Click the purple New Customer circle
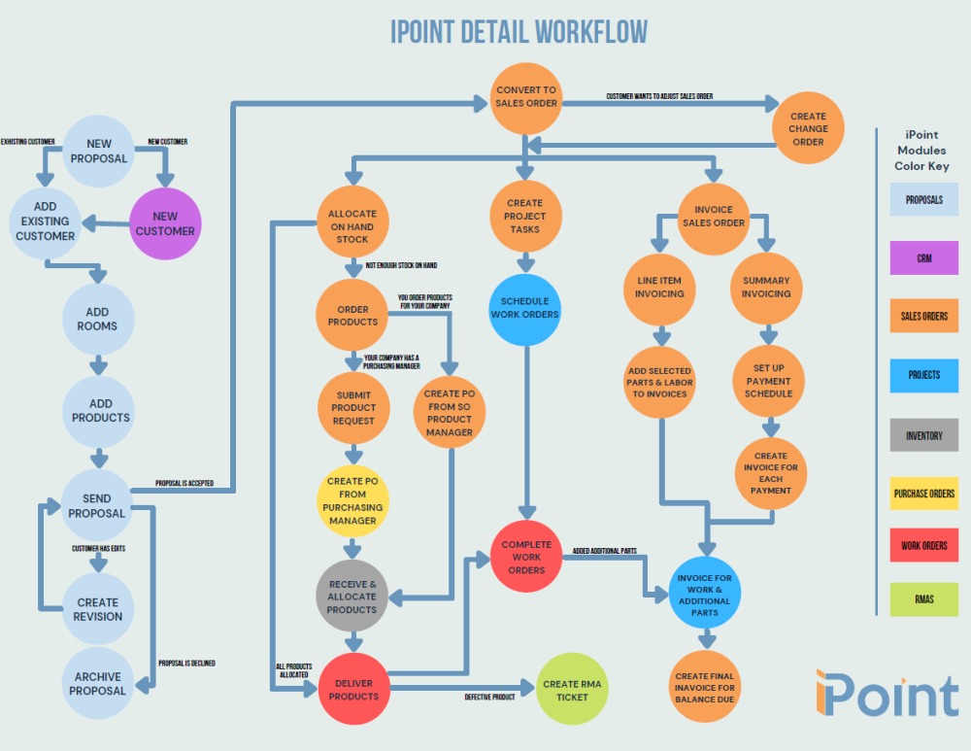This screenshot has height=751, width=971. click(x=165, y=223)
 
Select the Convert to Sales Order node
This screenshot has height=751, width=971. click(x=526, y=97)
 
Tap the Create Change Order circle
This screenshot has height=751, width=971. click(x=808, y=128)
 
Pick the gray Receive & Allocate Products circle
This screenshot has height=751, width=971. click(x=352, y=597)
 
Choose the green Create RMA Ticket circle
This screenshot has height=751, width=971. click(x=572, y=690)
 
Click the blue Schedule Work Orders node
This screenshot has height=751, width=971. click(x=525, y=308)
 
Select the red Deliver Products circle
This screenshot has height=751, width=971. click(x=352, y=689)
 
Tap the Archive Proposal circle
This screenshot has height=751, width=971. click(x=98, y=684)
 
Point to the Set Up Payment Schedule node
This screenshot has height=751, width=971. click(x=768, y=381)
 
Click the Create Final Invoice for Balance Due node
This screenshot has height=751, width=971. click(x=706, y=688)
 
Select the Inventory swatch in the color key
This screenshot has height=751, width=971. click(x=924, y=435)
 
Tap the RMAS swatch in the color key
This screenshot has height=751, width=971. click(x=924, y=599)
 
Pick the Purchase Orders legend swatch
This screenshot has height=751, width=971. click(x=924, y=494)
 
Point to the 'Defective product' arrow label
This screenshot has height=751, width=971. click(x=490, y=697)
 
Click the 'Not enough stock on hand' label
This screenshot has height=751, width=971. click(x=401, y=265)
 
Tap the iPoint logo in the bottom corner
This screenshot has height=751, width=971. click(x=886, y=693)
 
